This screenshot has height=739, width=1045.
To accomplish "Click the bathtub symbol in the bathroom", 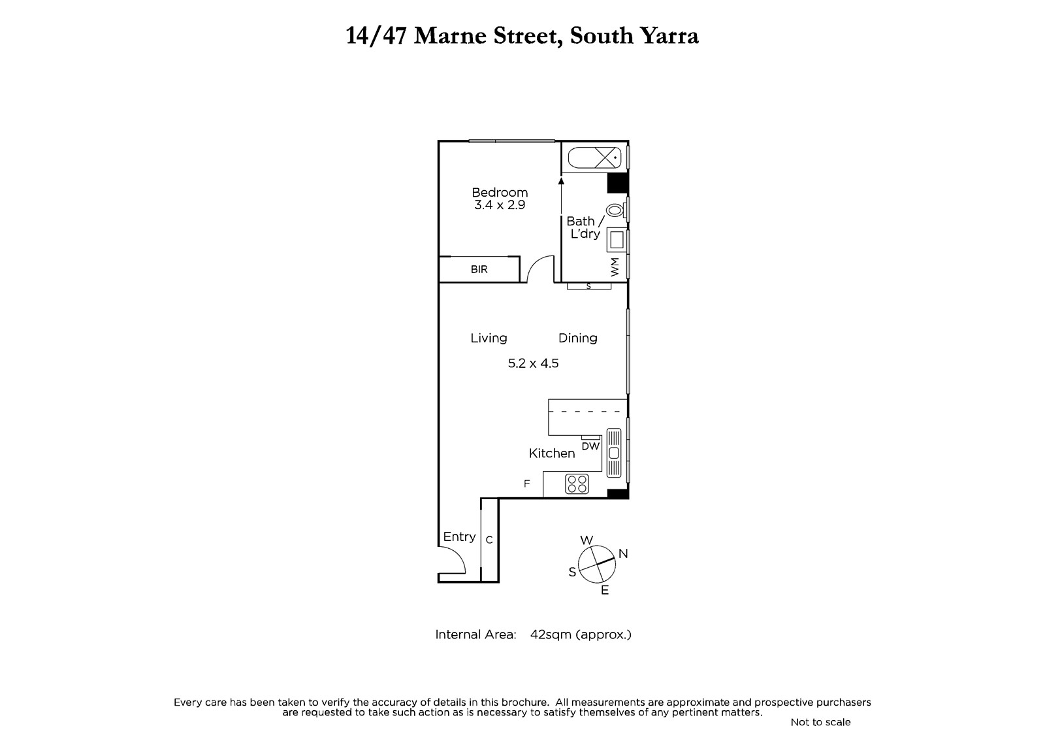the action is coord(595,157).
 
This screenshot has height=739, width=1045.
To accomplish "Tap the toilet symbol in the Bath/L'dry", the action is coord(616,210).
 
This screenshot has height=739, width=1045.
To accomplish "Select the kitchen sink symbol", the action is coord(614,453).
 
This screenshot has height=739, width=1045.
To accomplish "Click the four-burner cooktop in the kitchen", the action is coord(577,484).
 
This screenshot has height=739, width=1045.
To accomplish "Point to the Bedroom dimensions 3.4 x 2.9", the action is coord(500,205).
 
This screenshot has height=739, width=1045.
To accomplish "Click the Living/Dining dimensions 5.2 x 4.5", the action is coord(533,363).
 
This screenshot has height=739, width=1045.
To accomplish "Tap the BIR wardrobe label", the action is coord(479,269).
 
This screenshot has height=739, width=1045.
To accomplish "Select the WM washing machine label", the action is coord(615,267).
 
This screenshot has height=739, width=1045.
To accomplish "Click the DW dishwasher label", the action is coord(590,446).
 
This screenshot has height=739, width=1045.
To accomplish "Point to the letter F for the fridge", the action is coord(526,484).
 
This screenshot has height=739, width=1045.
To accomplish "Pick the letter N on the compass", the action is coord(623,553).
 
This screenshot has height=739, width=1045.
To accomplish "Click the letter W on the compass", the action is coord(587,540).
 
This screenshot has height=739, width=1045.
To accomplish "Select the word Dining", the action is coord(577,338).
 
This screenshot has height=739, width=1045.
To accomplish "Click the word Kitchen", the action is coord(552,453).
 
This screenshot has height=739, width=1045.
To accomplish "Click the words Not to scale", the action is coord(820,722).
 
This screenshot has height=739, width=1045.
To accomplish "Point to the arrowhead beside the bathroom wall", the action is coord(561,181).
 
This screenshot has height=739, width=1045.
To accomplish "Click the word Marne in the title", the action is coord(450,36).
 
